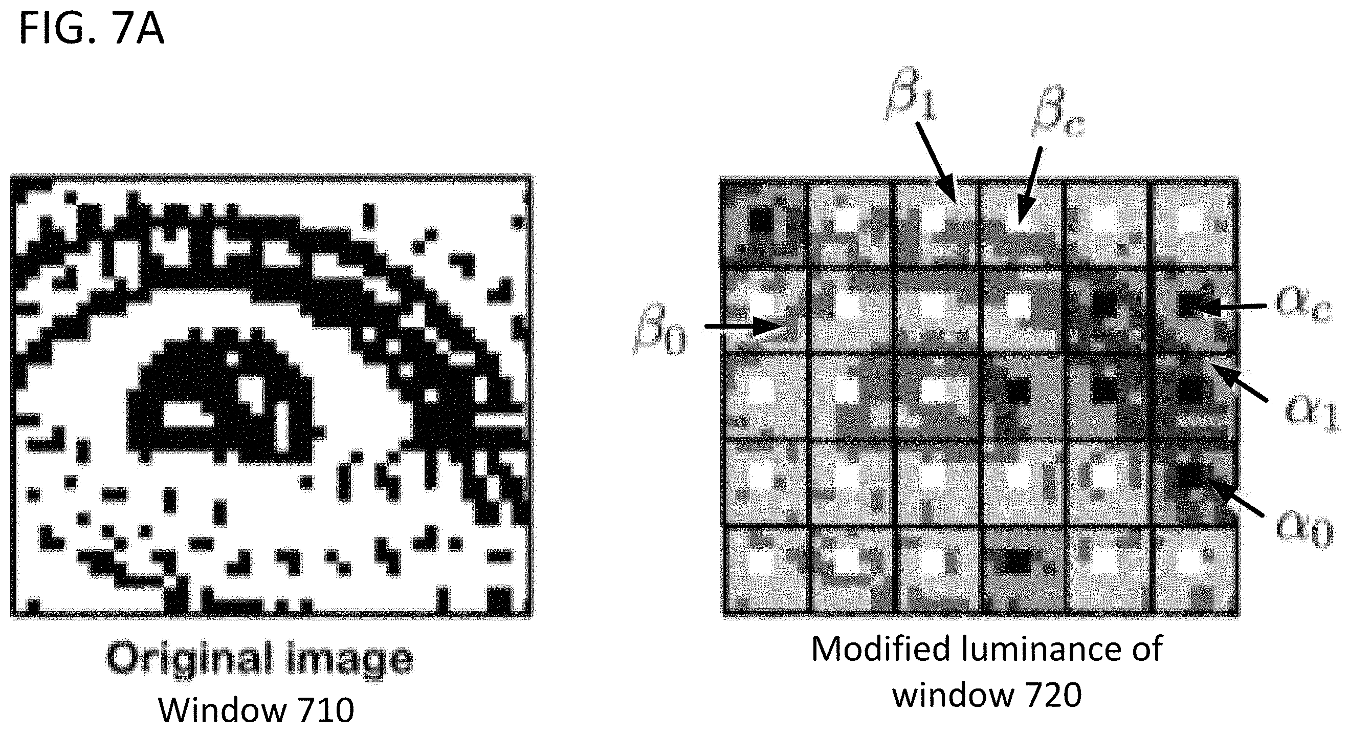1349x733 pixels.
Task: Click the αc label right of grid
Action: coord(1303,306)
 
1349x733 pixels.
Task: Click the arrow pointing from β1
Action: coord(936,162)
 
